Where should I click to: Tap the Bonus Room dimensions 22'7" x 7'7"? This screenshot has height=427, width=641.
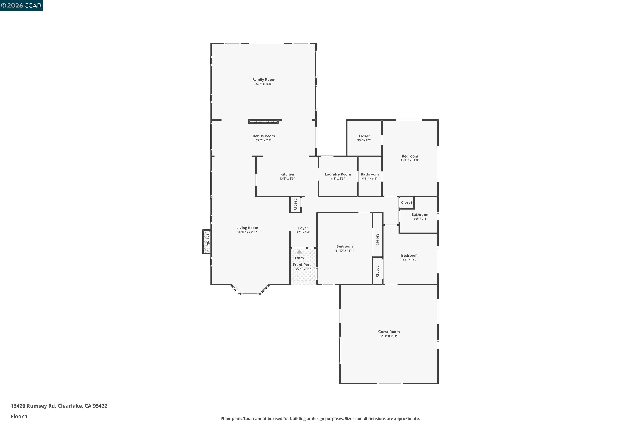(263, 140)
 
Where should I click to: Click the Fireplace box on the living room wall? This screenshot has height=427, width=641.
(207, 241)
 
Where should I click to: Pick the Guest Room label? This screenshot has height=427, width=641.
(389, 332)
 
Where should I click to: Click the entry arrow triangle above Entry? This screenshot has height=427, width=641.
(299, 252)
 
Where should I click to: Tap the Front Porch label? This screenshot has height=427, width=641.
(303, 265)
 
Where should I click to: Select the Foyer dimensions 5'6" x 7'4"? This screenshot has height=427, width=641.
(303, 233)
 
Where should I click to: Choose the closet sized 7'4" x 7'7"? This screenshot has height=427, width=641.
(364, 138)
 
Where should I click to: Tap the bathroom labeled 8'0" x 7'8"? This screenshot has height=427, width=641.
(420, 216)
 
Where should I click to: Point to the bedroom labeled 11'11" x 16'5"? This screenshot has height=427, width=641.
(409, 158)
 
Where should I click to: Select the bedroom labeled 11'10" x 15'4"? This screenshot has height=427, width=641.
(344, 248)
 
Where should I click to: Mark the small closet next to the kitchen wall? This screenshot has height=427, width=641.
(295, 205)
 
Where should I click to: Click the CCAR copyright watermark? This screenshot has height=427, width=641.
(21, 6)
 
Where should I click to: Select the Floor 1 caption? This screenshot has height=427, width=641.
(19, 416)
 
